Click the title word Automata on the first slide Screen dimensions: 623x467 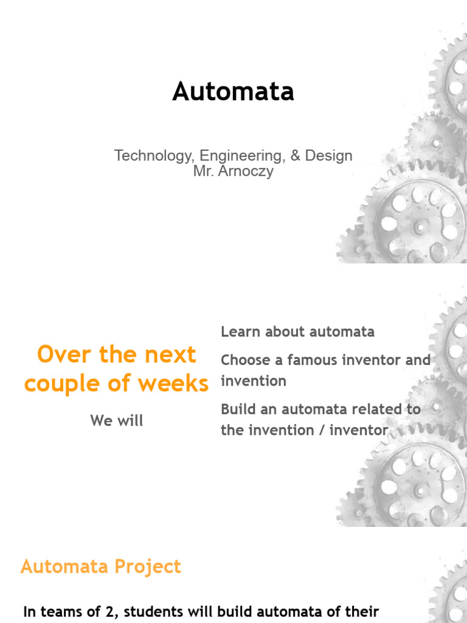[x=233, y=92]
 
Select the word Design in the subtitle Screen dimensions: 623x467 [x=329, y=156]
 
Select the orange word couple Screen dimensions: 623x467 [x=64, y=384]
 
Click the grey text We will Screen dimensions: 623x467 [x=117, y=420]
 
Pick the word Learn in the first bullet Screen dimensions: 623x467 [x=240, y=332]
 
